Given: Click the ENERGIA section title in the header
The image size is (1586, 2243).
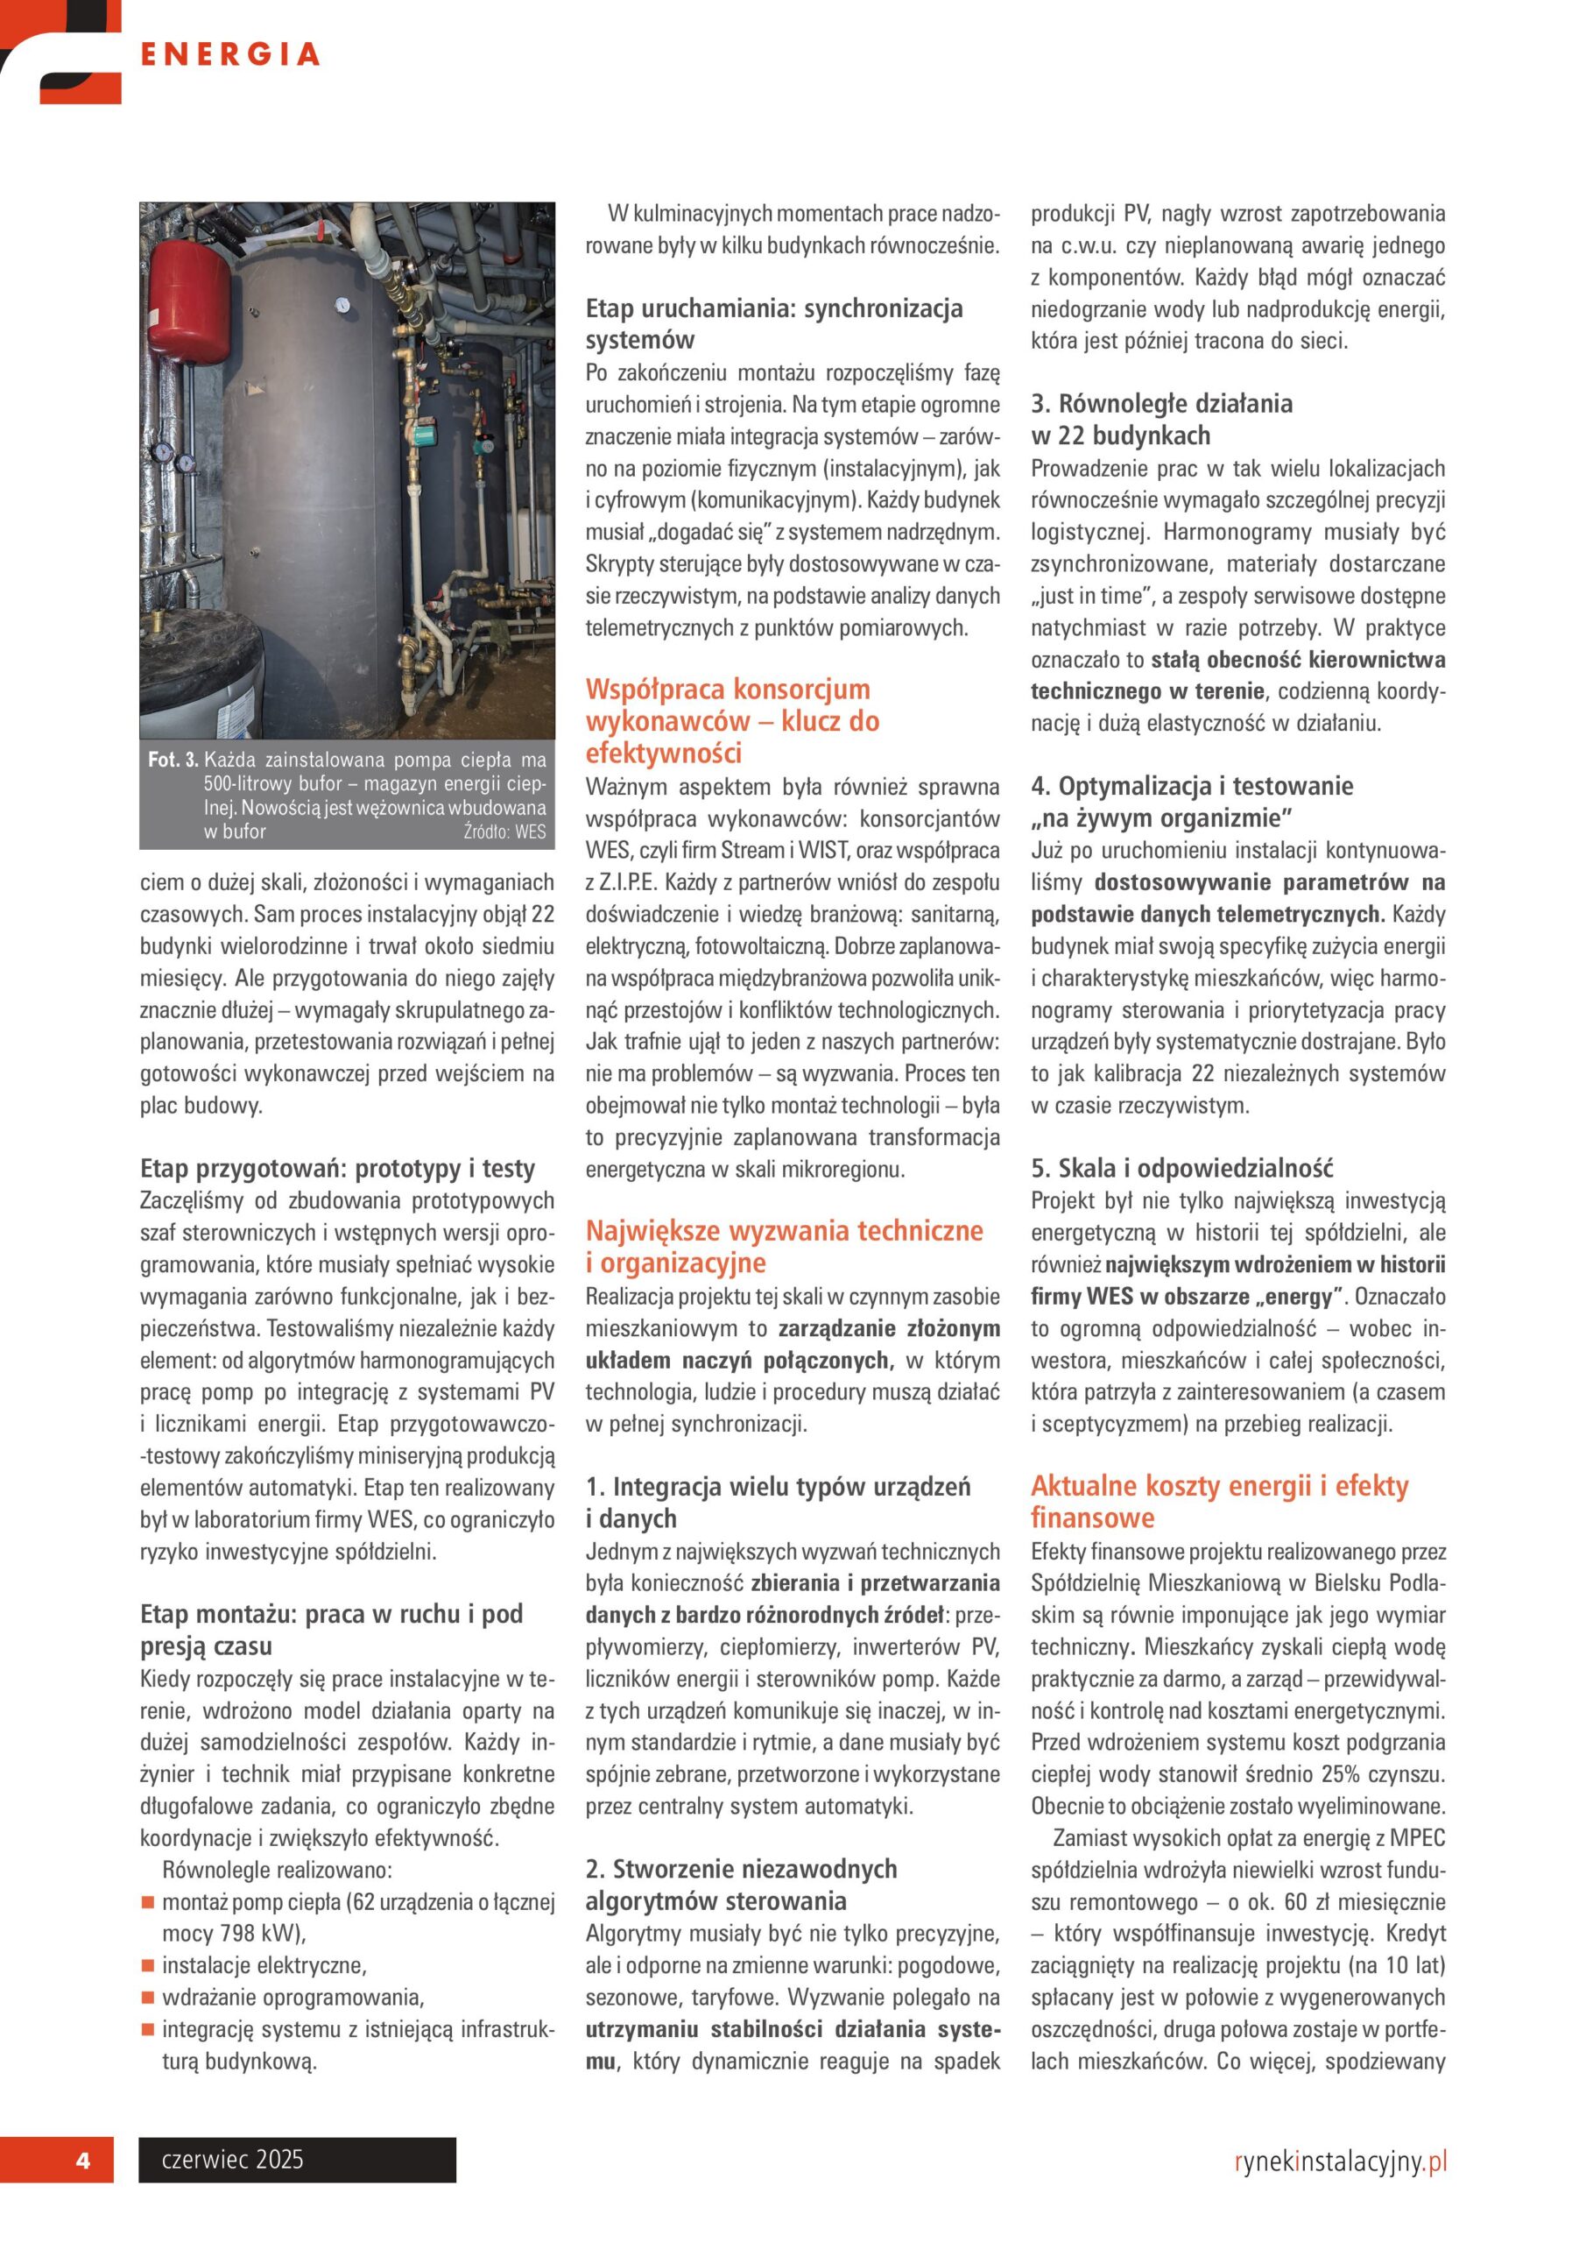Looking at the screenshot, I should pyautogui.click(x=230, y=54).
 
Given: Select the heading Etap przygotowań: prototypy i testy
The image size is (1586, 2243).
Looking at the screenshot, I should pyautogui.click(x=337, y=1169).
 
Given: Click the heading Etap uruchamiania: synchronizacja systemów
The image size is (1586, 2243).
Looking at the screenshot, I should pyautogui.click(x=773, y=323).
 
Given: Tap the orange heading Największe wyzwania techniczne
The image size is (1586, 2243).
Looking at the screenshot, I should pyautogui.click(x=783, y=1246).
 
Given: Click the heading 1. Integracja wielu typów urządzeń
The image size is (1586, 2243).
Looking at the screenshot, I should pyautogui.click(x=778, y=1502).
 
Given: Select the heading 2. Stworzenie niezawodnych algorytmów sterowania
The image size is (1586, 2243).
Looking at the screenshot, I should pyautogui.click(x=740, y=1885).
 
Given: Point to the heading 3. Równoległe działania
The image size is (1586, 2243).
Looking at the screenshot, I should pyautogui.click(x=1161, y=419).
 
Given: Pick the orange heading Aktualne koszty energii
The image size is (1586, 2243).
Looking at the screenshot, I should pyautogui.click(x=1219, y=1501).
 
